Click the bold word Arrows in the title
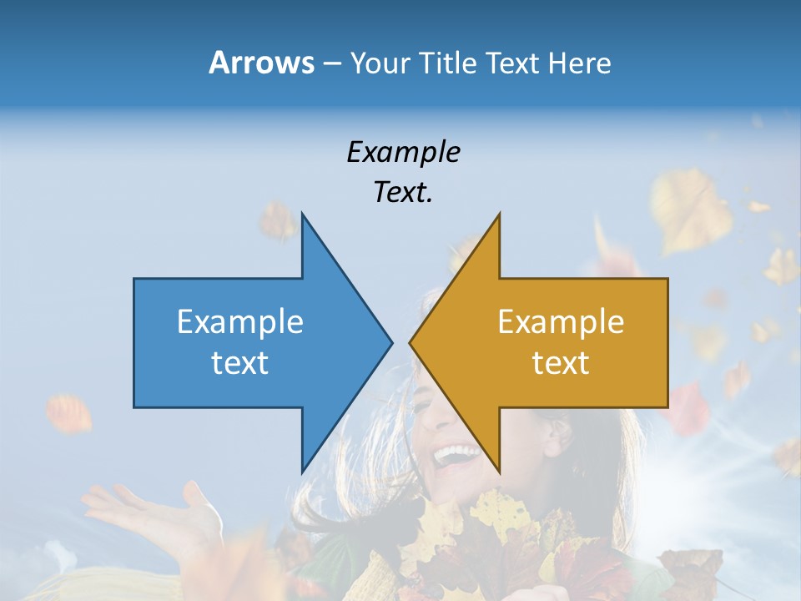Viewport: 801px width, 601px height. click(261, 63)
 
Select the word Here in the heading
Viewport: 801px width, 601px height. click(579, 63)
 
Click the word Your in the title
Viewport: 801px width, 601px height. click(380, 63)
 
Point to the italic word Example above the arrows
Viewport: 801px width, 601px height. click(403, 153)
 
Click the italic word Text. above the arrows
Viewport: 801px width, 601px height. click(403, 193)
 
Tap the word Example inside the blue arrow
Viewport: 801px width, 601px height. click(240, 321)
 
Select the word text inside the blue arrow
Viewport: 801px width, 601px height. click(240, 362)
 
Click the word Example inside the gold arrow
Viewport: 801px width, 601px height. click(561, 321)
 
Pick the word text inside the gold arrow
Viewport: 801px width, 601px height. click(561, 362)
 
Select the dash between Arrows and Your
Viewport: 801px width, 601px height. click(331, 64)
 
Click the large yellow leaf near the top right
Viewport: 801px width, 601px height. click(693, 209)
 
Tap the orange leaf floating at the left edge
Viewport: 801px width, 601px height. click(68, 413)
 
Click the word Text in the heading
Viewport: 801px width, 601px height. click(512, 63)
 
